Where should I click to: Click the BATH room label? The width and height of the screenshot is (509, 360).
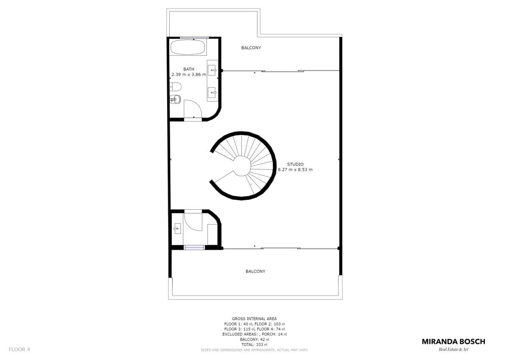point(189,69)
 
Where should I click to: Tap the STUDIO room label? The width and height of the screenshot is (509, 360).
point(295,164)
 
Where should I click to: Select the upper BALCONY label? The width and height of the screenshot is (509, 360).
point(251,48)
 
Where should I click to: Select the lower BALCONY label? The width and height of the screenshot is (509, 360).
point(255,271)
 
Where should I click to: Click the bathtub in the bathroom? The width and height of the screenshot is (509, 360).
point(188,47)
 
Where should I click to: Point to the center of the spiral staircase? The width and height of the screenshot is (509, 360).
point(243,166)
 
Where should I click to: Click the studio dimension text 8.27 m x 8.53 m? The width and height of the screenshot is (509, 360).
point(295,170)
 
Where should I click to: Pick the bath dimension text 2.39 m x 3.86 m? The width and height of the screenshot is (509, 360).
point(189,75)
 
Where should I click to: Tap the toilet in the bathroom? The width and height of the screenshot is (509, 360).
point(176,87)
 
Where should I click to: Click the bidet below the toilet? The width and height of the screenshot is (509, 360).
point(175,99)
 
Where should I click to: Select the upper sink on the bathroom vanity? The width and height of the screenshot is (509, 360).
point(212,70)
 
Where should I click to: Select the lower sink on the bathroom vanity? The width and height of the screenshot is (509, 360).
point(212,93)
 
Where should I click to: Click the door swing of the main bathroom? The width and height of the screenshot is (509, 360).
point(193,109)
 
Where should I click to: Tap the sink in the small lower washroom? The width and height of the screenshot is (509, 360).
point(177,228)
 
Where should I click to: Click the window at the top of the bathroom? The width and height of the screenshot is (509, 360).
point(194,38)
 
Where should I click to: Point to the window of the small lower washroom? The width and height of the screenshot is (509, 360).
point(194,247)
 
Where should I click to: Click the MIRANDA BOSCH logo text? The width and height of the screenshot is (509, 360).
point(453,342)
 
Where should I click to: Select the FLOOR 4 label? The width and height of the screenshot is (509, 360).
point(20,349)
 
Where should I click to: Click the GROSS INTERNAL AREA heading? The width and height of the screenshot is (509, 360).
point(254,319)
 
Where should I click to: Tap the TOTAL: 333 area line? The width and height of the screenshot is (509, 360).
point(254,345)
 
